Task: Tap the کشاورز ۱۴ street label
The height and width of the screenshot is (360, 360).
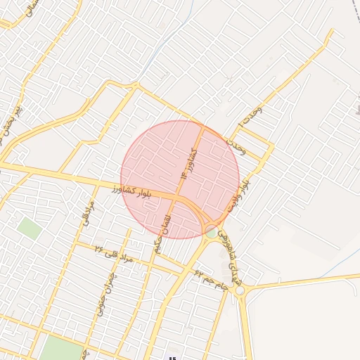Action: (x=188, y=162)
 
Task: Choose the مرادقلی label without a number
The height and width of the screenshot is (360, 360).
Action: (x=88, y=211)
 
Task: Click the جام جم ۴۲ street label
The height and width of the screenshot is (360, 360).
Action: (x=212, y=278)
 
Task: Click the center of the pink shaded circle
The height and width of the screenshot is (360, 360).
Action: (x=180, y=179)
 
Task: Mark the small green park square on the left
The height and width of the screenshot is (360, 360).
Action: (x=29, y=228)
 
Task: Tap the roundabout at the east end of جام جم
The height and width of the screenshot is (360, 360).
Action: (x=240, y=290)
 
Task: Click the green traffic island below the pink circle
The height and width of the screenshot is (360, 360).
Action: (x=211, y=232)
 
